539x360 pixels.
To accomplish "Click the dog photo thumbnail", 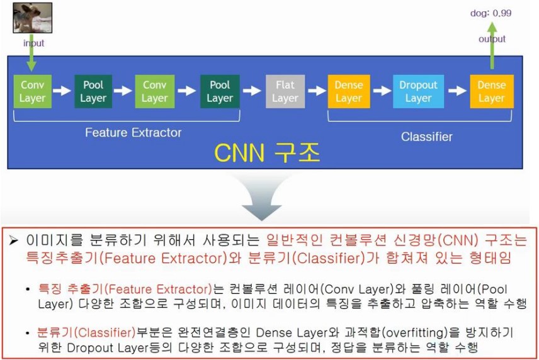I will click(32, 18).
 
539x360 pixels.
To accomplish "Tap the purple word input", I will click(34, 43).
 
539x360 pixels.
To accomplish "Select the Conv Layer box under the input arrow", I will click(32, 91).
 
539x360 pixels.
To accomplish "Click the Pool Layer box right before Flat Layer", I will click(220, 91).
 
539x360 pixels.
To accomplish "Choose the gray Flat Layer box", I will click(285, 91).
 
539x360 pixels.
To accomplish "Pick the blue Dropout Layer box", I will click(418, 91).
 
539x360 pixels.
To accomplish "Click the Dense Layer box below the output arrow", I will click(492, 91).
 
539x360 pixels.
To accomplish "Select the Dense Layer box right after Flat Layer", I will click(349, 91).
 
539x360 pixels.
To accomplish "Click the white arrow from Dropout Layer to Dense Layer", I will click(455, 91).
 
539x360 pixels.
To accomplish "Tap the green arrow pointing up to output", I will click(492, 47).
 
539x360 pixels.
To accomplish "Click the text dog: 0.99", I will click(491, 12).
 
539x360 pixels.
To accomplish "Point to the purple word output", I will click(492, 39).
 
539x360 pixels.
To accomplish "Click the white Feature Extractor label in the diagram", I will click(133, 133).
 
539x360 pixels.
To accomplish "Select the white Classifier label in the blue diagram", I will click(427, 137).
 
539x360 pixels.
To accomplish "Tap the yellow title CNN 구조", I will click(267, 153).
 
